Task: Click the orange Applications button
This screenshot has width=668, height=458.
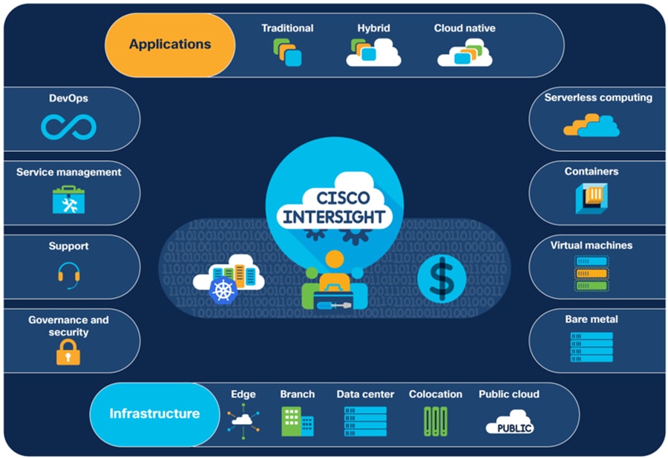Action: pos(170,44)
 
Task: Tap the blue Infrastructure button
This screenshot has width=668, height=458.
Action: pos(154,414)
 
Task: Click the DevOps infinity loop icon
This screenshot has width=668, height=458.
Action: pos(68,127)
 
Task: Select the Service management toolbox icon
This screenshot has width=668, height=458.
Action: pos(68,200)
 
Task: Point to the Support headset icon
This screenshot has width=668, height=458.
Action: pos(68,276)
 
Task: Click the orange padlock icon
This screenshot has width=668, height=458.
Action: pos(68,353)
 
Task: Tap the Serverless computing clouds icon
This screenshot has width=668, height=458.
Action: pos(591,125)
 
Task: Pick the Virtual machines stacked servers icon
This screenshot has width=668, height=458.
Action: pos(591,273)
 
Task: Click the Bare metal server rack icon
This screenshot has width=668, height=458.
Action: pos(592,347)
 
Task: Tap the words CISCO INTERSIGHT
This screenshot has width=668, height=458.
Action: pos(335,208)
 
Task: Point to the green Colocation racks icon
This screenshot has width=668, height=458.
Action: pos(435,421)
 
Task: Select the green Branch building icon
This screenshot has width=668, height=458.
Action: pos(297,421)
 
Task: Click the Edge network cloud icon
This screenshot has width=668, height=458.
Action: pos(243,420)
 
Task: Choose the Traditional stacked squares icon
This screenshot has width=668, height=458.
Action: pos(287,53)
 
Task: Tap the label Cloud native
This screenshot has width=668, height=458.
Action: pos(465,28)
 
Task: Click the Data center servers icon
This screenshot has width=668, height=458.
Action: pos(365,421)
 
